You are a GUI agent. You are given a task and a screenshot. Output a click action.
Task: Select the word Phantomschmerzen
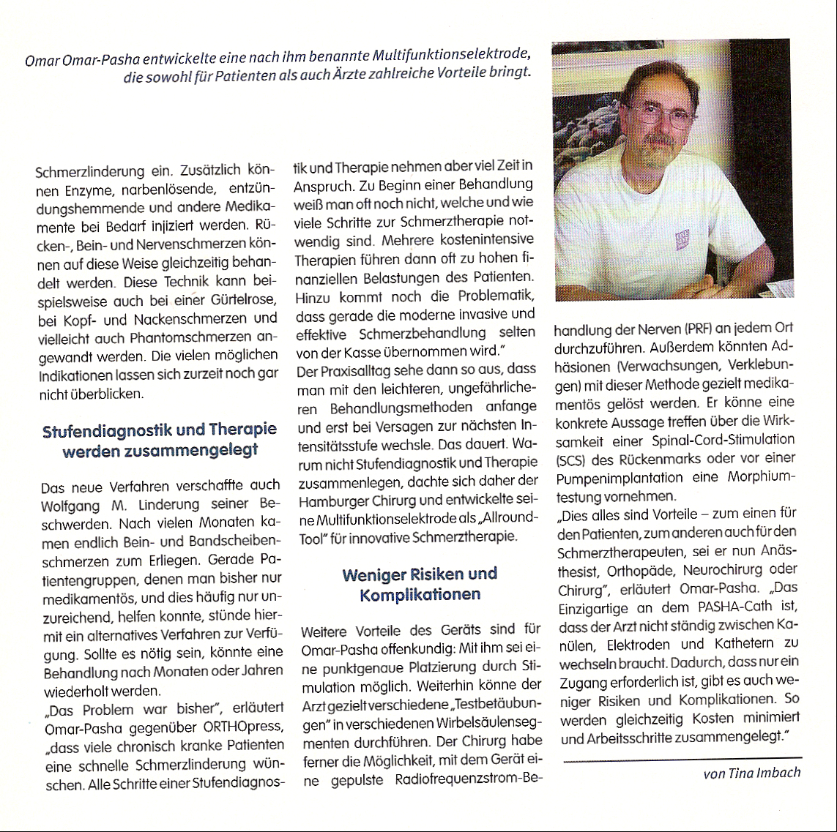[190, 337]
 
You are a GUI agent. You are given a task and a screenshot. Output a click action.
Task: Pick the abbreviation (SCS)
[573, 460]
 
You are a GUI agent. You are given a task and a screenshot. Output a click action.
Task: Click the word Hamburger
[331, 501]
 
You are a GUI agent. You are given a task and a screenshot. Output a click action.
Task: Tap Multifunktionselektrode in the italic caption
[450, 56]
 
